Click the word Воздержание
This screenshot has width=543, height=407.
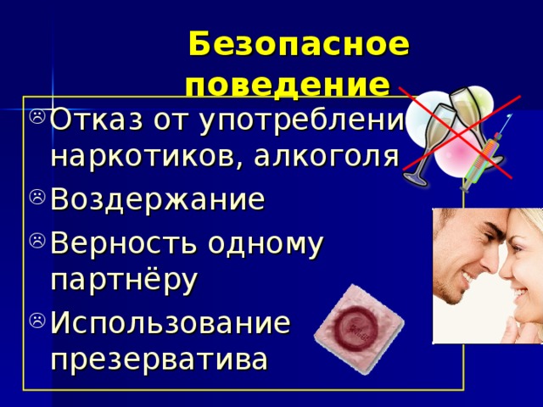[x=158, y=200]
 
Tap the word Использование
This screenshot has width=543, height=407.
[x=171, y=322]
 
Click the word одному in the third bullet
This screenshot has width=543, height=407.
[x=266, y=243]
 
